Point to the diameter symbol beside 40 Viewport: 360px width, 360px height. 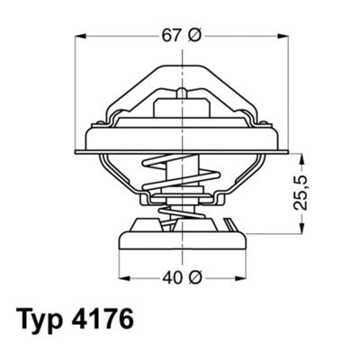[x=193, y=277]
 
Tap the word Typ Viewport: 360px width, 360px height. [x=42, y=321]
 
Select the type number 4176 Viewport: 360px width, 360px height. [x=111, y=321]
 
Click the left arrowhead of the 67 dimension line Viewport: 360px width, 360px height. [x=78, y=37]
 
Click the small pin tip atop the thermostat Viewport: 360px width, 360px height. [x=183, y=90]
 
